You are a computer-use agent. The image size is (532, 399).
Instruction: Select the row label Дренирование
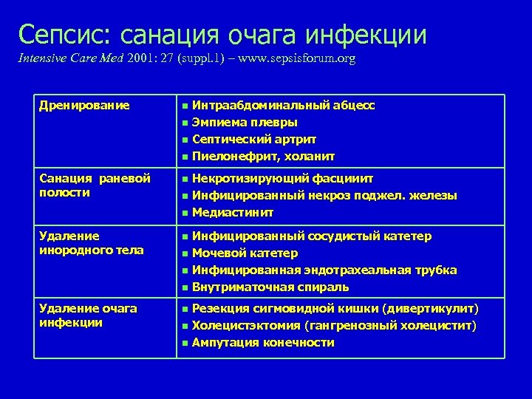[84, 106]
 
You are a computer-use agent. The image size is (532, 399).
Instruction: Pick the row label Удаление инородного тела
[91, 243]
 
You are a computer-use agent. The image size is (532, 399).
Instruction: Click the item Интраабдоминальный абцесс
[283, 106]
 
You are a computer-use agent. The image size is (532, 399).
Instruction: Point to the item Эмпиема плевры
[245, 123]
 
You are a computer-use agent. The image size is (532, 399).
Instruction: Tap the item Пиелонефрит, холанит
[263, 157]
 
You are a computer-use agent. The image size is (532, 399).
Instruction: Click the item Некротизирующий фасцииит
[282, 178]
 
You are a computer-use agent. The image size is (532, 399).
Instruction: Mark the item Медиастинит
[232, 213]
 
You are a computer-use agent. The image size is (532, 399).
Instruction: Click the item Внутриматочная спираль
[270, 287]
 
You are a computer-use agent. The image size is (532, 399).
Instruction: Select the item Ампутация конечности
[262, 343]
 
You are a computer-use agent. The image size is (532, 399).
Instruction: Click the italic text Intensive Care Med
[66, 58]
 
